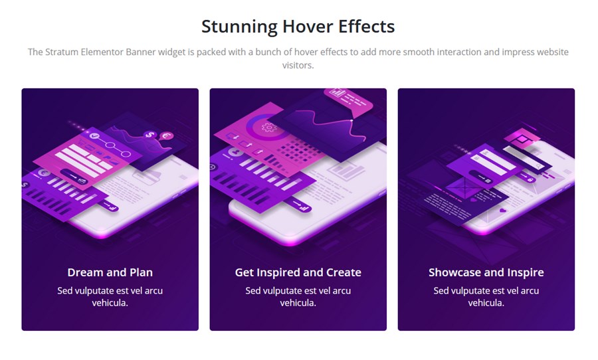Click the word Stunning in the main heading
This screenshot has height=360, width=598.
click(239, 27)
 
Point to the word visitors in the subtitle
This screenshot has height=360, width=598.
click(298, 65)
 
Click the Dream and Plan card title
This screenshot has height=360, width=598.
click(110, 272)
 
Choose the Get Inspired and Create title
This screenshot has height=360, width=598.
click(298, 272)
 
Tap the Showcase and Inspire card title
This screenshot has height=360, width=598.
click(486, 272)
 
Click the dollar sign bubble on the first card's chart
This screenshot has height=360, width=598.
click(150, 135)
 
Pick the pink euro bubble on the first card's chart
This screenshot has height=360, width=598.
click(167, 135)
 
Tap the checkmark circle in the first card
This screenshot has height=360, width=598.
click(94, 135)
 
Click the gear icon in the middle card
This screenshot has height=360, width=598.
click(269, 127)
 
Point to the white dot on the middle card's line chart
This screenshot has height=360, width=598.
click(351, 120)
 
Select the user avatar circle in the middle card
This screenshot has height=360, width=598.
click(236, 153)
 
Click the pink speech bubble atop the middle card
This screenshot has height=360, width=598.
click(348, 99)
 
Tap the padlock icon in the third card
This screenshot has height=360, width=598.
click(530, 179)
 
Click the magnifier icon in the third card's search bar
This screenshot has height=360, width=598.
click(538, 166)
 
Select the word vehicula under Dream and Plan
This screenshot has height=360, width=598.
click(110, 303)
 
